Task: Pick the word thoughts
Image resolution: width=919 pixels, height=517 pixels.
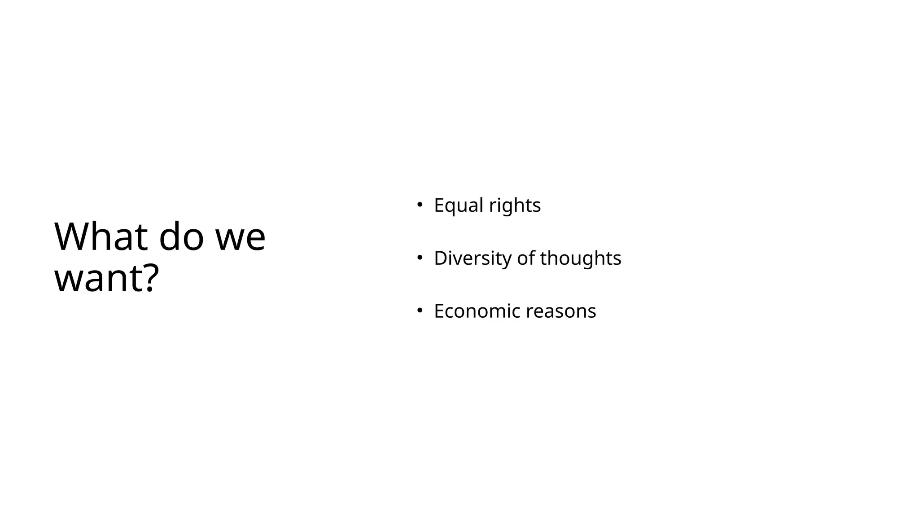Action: [581, 258]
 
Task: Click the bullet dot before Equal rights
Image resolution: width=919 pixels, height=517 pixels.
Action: [420, 205]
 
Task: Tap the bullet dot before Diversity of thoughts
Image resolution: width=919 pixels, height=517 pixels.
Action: [420, 258]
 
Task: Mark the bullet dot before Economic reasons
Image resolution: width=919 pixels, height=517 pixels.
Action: [420, 310]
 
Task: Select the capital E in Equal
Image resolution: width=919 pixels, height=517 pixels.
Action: [439, 206]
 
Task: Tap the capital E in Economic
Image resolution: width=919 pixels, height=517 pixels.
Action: [439, 311]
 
